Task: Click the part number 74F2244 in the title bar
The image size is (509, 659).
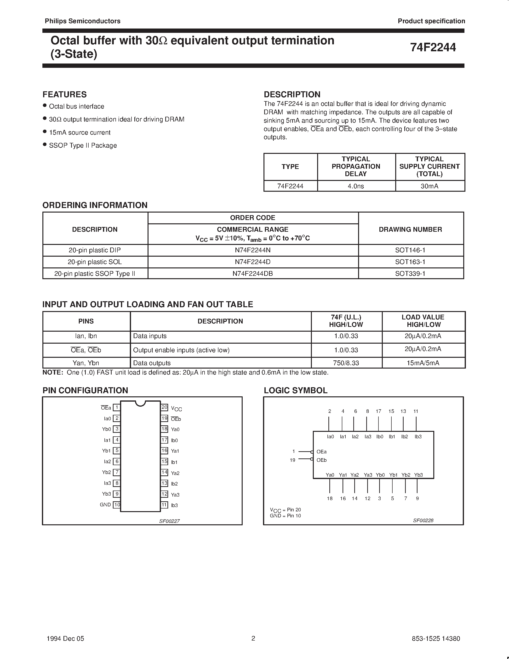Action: click(x=433, y=47)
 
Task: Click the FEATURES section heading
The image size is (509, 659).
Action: click(x=64, y=94)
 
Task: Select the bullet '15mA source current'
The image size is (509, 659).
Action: click(x=80, y=133)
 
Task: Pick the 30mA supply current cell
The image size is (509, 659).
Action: click(x=429, y=186)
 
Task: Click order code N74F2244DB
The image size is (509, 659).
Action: click(x=253, y=273)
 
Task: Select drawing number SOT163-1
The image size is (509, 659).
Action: click(x=410, y=262)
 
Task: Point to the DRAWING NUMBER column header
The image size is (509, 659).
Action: click(x=410, y=229)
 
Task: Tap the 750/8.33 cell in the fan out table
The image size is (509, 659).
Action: click(x=346, y=363)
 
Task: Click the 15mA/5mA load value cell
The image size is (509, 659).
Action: click(x=423, y=363)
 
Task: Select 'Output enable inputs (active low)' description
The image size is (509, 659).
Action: click(x=181, y=350)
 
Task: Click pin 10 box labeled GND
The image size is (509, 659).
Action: click(x=117, y=504)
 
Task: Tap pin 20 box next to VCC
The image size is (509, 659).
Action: click(x=164, y=407)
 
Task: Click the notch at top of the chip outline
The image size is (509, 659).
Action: click(x=140, y=403)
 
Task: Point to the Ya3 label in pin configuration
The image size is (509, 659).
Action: click(x=175, y=495)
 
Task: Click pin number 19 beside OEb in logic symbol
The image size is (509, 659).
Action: click(x=292, y=460)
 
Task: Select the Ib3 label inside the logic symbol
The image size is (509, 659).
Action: click(x=418, y=437)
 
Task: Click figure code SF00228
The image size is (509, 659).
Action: click(x=423, y=520)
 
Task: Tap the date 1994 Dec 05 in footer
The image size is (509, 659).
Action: click(x=65, y=638)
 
